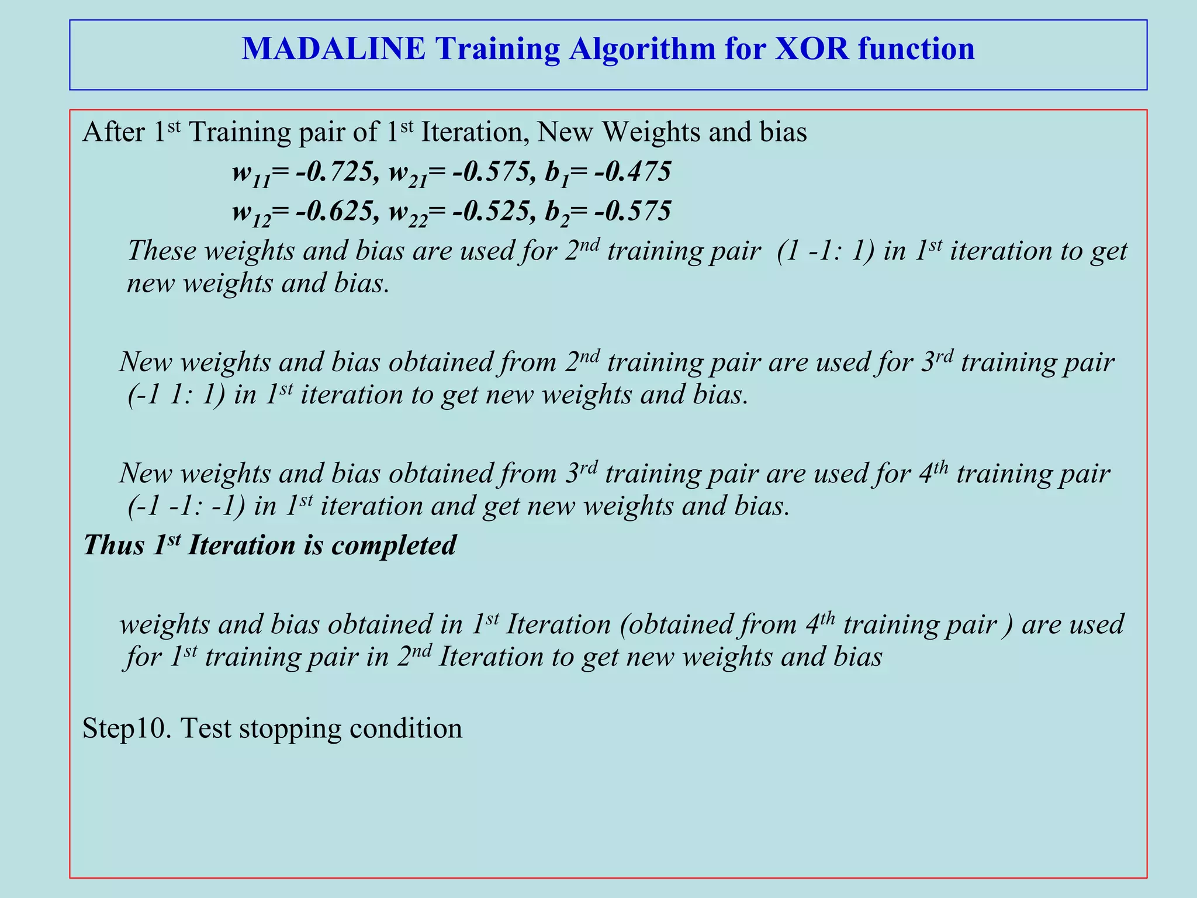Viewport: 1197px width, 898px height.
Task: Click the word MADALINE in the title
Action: (334, 49)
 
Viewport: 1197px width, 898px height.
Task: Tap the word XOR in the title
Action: (811, 49)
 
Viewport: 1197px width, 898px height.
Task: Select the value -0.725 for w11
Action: (334, 172)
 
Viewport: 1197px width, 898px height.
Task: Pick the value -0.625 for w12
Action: (334, 211)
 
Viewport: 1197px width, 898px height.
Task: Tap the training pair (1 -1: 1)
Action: (826, 251)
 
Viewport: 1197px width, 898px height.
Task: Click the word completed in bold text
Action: (393, 545)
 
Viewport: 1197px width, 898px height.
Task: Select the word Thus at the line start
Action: (114, 545)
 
